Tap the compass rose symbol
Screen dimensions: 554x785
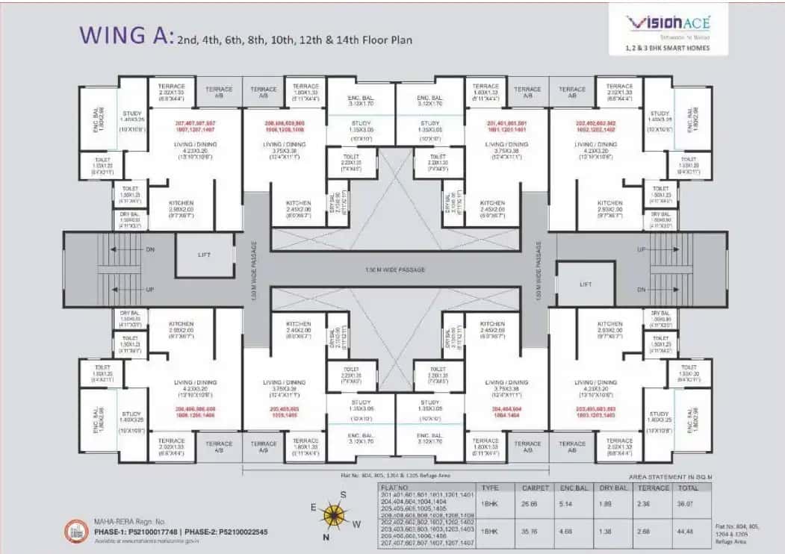click(x=334, y=514)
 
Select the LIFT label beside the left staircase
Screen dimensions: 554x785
click(x=205, y=255)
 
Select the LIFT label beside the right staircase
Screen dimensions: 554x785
click(x=586, y=284)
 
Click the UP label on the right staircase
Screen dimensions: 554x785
click(x=641, y=249)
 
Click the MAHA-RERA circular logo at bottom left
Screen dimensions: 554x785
click(x=74, y=528)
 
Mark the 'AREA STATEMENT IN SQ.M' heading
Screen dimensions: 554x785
click(x=673, y=476)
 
